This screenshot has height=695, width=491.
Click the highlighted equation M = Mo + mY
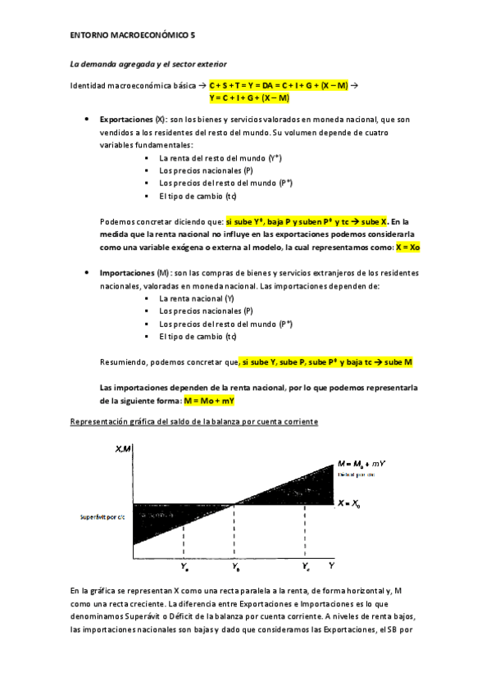pos(210,400)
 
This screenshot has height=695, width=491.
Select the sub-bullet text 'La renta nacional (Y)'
pos(196,299)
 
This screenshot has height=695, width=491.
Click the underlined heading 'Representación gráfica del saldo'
pos(194,421)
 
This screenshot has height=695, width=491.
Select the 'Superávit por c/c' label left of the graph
pos(101,517)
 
